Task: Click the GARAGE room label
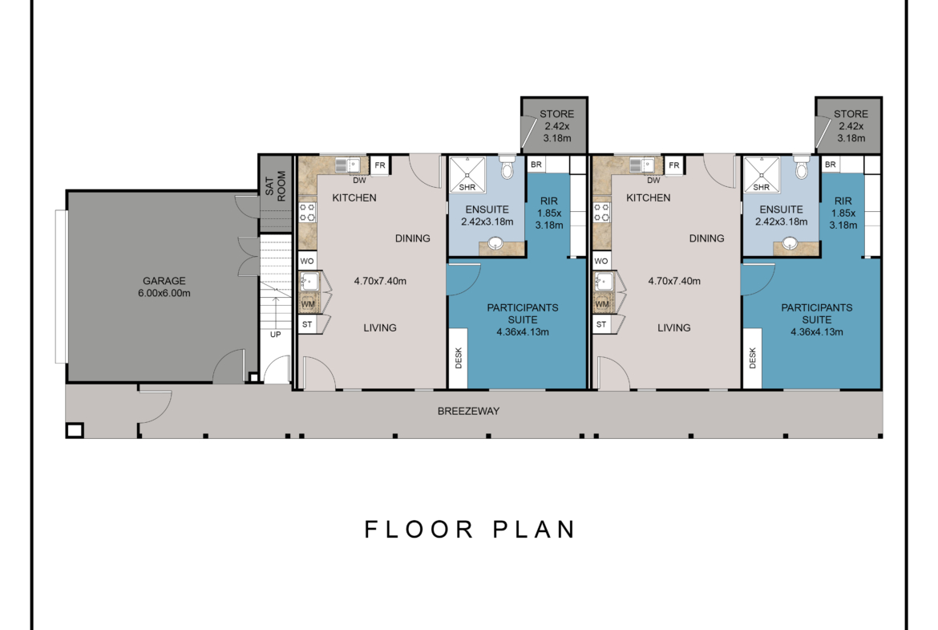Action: point(164,281)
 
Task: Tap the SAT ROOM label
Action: point(276,185)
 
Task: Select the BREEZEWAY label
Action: point(468,412)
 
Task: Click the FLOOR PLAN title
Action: point(470,530)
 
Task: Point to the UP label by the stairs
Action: point(275,334)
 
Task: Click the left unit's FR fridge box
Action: point(380,165)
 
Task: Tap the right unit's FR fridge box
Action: point(674,165)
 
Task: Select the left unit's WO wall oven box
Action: point(307,261)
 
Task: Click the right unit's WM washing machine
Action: point(602,303)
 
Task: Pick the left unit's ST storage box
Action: point(307,324)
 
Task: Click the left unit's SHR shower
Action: point(467,174)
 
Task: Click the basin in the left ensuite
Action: point(495,243)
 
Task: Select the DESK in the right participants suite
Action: point(753,358)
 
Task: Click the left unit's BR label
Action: point(536,164)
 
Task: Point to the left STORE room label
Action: point(557,114)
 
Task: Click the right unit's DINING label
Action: point(706,238)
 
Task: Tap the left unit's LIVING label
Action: point(380,327)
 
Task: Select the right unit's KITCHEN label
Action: point(649,197)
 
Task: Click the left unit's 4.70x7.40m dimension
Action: point(380,281)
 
